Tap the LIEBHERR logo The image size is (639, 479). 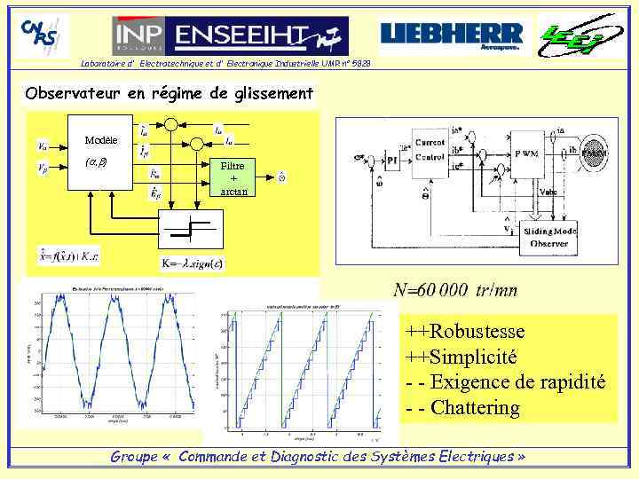pos(452,35)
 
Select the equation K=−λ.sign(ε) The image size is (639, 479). pos(192,263)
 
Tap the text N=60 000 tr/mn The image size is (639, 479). pos(455,290)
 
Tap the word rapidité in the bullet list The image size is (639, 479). pos(567,382)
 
